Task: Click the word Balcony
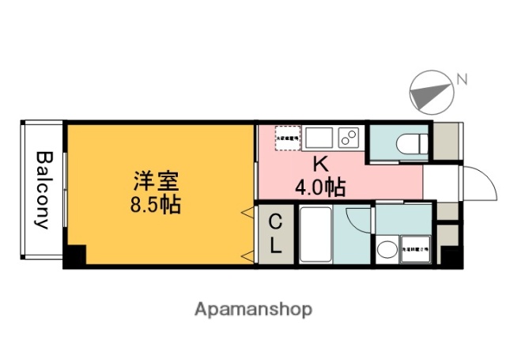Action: point(43,190)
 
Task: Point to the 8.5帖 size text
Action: point(155,206)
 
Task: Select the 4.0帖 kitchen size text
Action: point(319,188)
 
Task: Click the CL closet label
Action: point(274,233)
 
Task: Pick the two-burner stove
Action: point(349,138)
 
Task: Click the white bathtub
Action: point(315,235)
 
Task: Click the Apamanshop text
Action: point(253,309)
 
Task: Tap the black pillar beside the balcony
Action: point(75,255)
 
